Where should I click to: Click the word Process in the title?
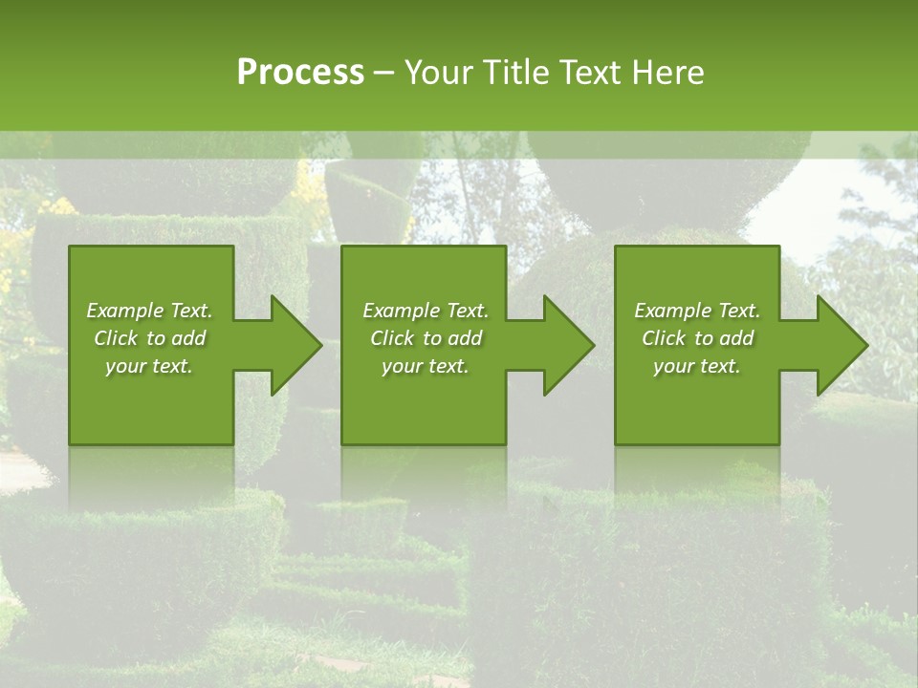(300, 73)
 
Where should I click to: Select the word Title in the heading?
(517, 73)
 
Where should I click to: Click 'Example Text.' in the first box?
(149, 311)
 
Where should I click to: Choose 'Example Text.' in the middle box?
(426, 311)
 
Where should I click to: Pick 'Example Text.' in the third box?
(697, 311)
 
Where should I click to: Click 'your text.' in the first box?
(149, 366)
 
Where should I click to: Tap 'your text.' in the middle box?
(426, 366)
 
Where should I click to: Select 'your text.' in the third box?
(697, 366)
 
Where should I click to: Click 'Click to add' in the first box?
(149, 338)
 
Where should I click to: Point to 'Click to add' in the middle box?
(426, 338)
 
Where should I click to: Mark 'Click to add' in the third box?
(697, 338)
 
